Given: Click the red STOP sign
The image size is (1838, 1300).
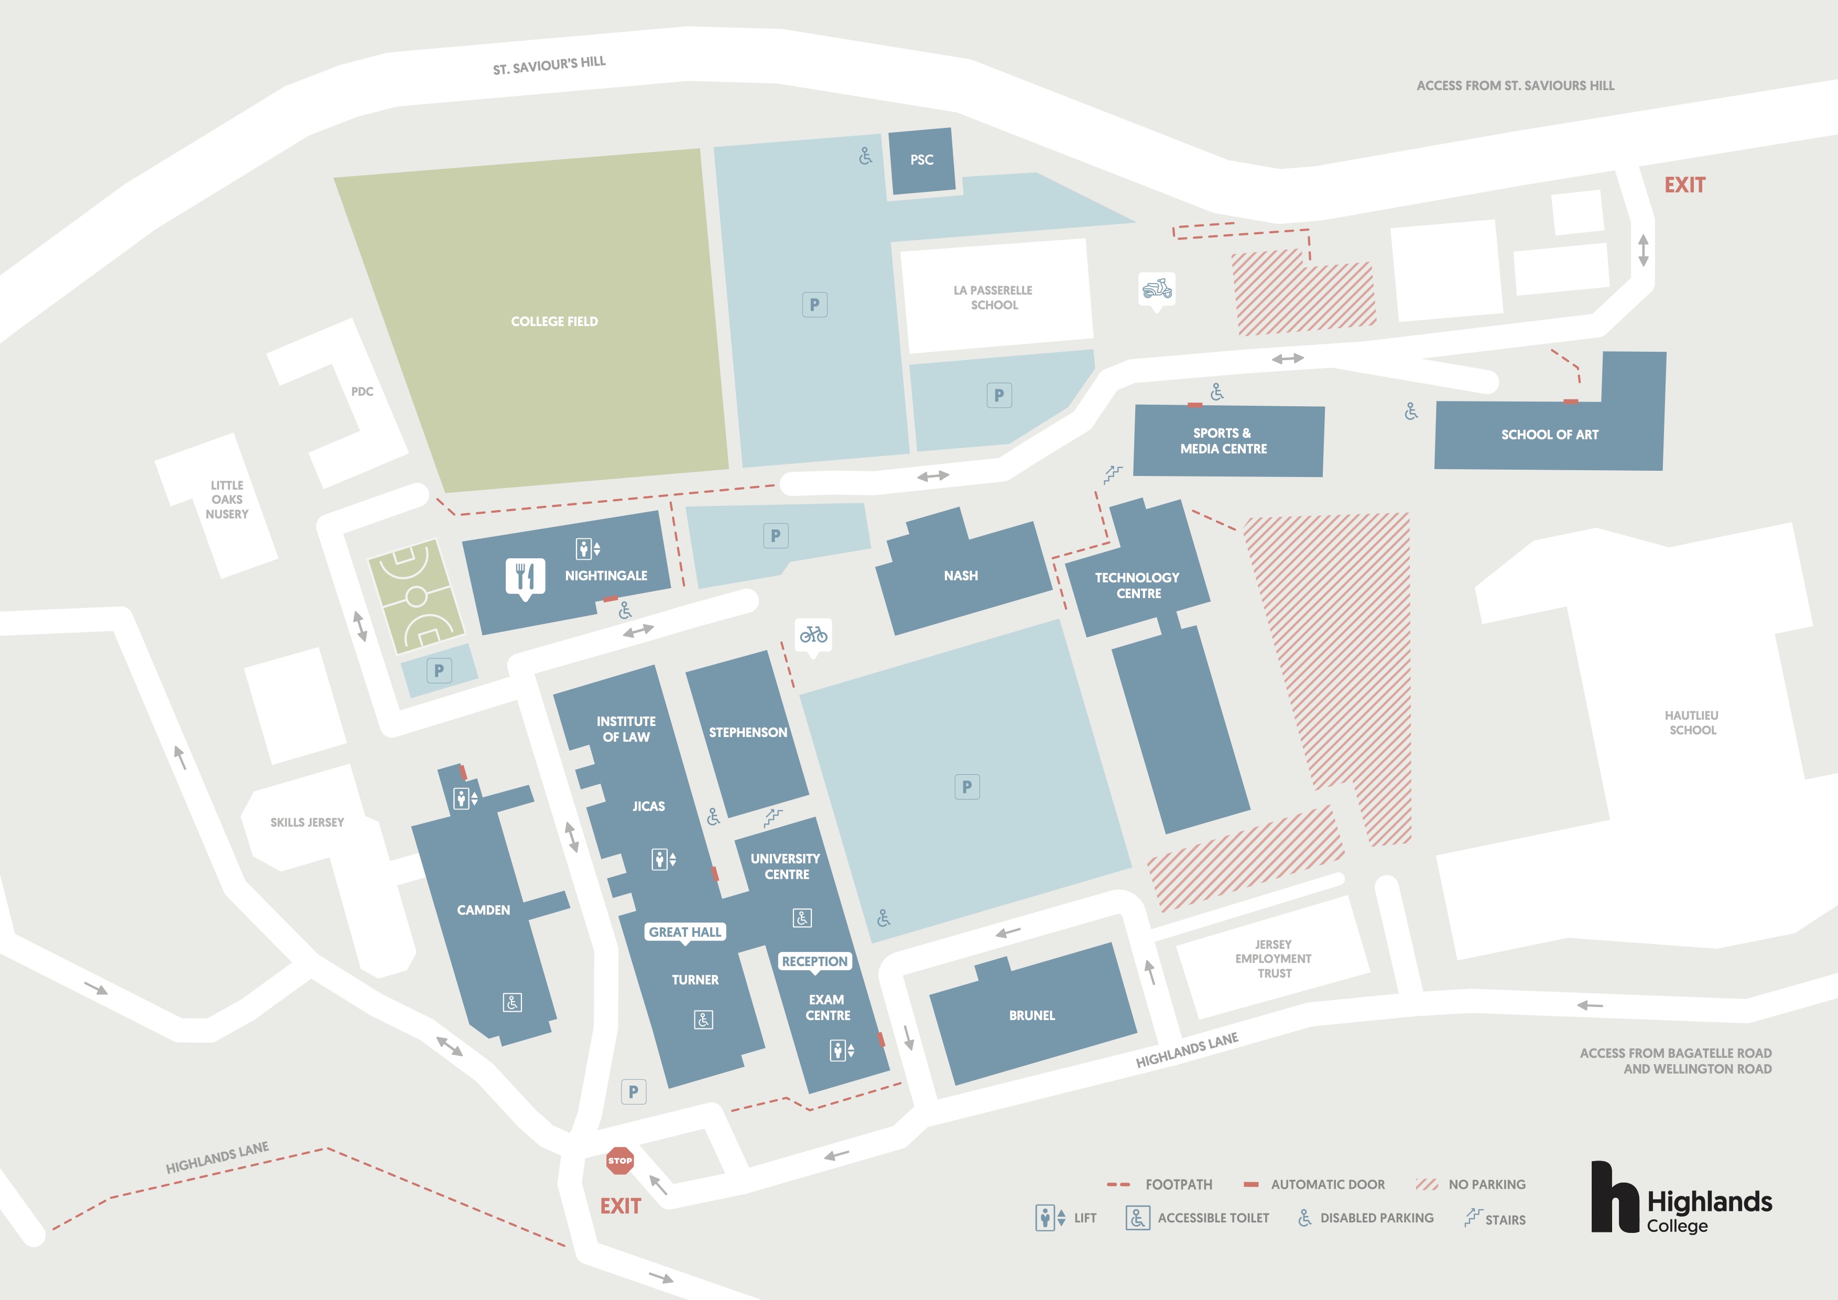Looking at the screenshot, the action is pyautogui.click(x=619, y=1160).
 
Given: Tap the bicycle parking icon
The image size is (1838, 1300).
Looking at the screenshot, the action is pyautogui.click(x=813, y=636).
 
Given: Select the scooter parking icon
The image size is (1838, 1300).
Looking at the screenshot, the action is pyautogui.click(x=1157, y=290).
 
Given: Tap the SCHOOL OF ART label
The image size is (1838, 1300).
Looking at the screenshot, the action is pyautogui.click(x=1550, y=435).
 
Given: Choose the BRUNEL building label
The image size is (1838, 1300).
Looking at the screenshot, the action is pyautogui.click(x=1032, y=1015).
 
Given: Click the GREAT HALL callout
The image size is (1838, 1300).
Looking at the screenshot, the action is pyautogui.click(x=685, y=933).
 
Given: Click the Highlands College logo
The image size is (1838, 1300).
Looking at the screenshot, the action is pyautogui.click(x=1681, y=1198).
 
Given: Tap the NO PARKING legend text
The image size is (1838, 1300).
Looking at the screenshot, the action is pyautogui.click(x=1486, y=1185).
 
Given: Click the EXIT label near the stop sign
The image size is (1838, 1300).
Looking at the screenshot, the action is pyautogui.click(x=621, y=1206).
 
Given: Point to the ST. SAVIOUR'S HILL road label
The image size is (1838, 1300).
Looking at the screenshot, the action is pyautogui.click(x=549, y=66).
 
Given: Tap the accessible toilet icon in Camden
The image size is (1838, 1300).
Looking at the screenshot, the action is pyautogui.click(x=513, y=1002).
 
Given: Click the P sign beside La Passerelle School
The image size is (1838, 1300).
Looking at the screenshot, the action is pyautogui.click(x=999, y=395).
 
